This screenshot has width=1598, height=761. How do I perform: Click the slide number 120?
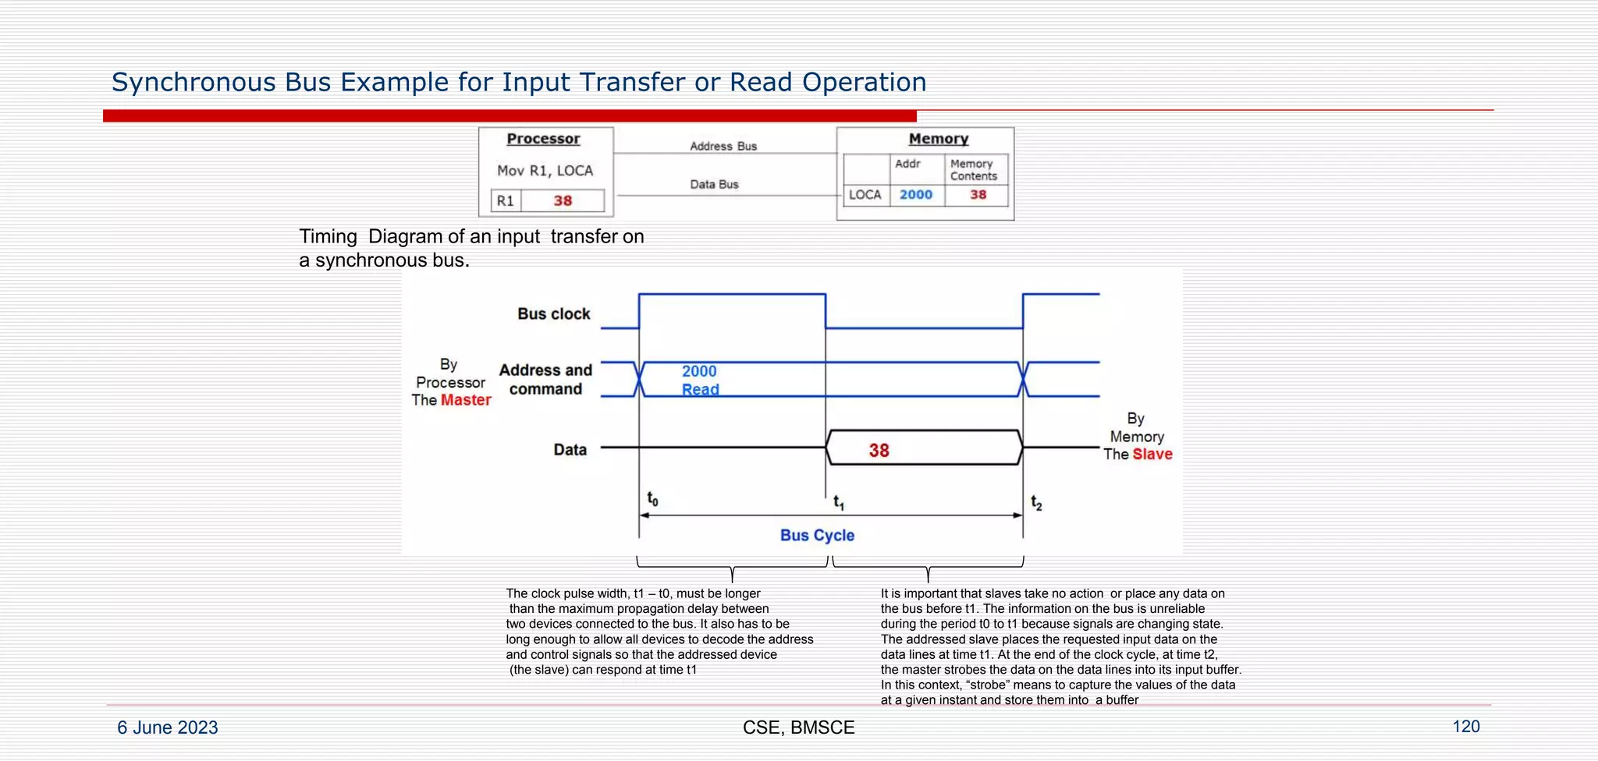[1465, 727]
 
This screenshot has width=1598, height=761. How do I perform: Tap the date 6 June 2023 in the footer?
[168, 727]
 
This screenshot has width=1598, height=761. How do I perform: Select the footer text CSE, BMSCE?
[798, 727]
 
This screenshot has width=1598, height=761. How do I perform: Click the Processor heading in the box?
[543, 139]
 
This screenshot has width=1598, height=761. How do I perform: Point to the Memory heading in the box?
[938, 139]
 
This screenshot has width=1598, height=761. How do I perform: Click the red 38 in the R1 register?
[563, 200]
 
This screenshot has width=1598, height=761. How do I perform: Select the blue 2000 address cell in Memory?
[915, 194]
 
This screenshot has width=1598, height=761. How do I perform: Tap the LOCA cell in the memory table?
[865, 194]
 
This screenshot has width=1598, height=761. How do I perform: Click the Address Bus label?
[723, 146]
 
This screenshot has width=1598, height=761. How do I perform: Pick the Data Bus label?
[714, 184]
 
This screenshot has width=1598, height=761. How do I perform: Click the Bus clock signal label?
[554, 313]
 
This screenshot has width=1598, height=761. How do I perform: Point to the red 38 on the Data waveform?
[879, 451]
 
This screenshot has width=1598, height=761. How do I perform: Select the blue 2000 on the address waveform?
[699, 371]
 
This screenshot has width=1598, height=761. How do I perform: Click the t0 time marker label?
[652, 499]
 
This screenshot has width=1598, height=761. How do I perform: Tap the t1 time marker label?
[839, 503]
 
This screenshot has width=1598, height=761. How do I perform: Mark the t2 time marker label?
[1036, 503]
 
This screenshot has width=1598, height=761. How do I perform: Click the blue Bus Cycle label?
[817, 536]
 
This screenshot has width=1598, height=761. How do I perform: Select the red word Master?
[466, 400]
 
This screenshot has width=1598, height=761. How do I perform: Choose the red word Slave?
[1152, 455]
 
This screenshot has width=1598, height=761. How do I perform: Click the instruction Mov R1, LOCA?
[545, 171]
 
